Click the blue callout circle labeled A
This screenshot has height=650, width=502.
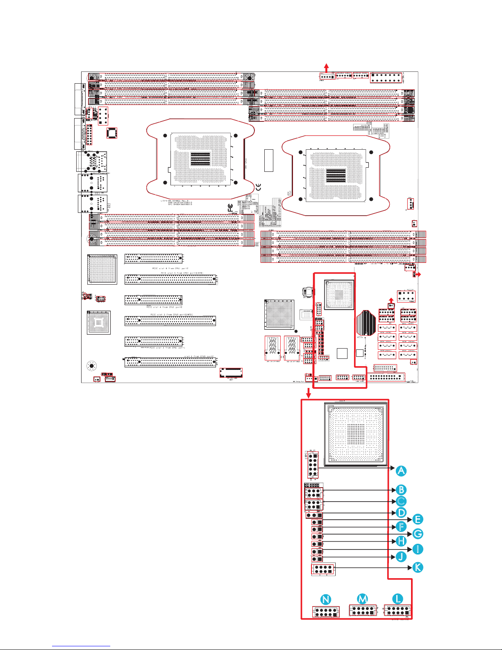tap(401, 471)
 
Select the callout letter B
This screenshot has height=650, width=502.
tap(401, 490)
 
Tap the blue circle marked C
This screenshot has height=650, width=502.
tap(401, 501)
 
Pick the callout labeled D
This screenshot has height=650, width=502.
tap(401, 513)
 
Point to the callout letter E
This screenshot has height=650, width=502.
tap(417, 520)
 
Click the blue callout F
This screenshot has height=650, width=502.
tap(401, 527)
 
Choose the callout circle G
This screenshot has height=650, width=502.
tap(417, 534)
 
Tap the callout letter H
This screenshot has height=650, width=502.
tap(401, 541)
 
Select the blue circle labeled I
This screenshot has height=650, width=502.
tap(417, 549)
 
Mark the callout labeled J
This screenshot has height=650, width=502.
tap(401, 556)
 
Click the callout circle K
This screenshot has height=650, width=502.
tap(417, 568)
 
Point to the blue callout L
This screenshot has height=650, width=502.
tap(397, 599)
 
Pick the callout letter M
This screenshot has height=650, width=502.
tap(363, 599)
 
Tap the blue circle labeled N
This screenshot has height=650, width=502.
tap(326, 600)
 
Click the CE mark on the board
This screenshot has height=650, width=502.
tap(258, 188)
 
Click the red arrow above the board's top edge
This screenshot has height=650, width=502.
tap(326, 67)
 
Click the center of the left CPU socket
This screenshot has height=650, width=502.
tap(200, 159)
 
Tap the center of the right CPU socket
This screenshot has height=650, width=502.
tap(336, 176)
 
